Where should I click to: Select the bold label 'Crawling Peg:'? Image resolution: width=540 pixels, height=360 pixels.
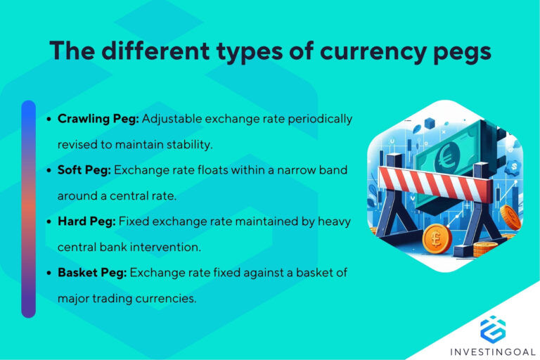98,119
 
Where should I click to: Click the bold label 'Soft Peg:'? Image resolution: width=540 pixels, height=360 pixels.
84,170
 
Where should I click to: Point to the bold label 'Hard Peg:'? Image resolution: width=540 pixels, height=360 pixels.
86,221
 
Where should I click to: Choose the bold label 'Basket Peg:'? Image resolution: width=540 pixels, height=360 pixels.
92,273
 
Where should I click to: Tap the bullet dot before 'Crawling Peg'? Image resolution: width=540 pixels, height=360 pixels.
49,120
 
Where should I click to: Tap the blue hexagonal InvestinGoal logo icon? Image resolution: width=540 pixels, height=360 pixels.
493,329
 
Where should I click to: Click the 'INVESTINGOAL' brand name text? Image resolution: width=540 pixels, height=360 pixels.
493,351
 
